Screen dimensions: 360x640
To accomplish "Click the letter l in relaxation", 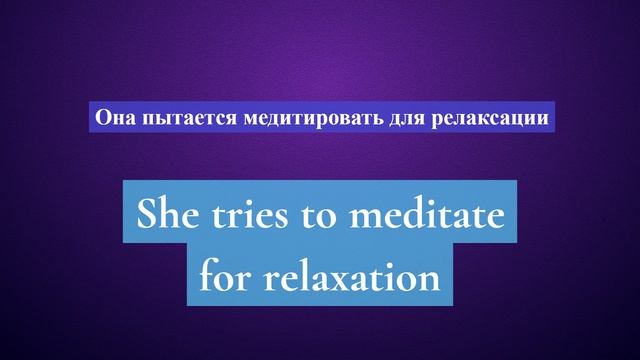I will pyautogui.click(x=308, y=272).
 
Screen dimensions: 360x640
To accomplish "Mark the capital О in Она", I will pyautogui.click(x=101, y=117).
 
